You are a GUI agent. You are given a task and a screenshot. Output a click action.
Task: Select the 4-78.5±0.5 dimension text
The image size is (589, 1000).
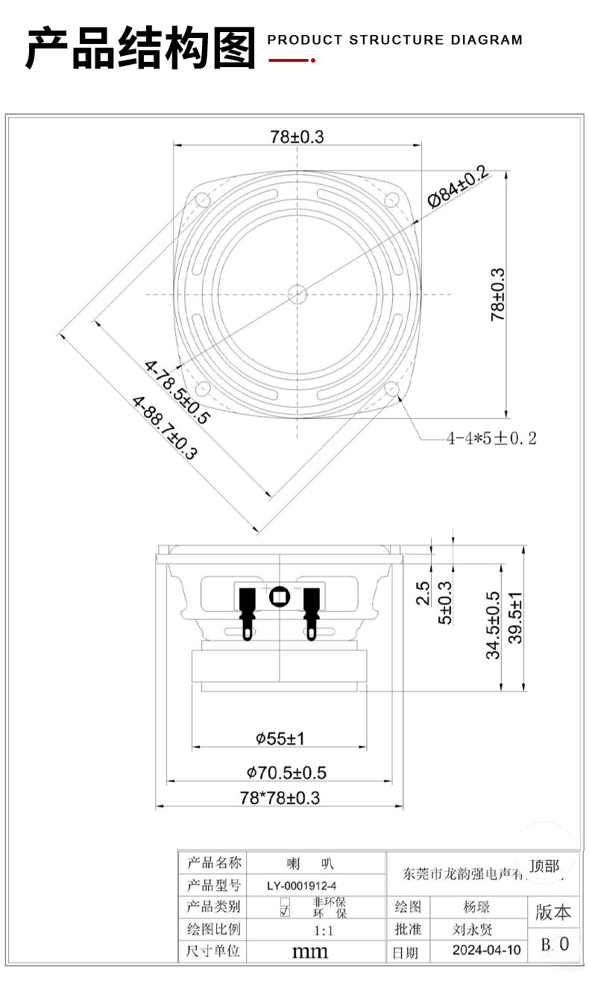pyautogui.click(x=177, y=391)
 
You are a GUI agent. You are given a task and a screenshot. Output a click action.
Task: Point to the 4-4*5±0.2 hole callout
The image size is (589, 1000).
pyautogui.click(x=491, y=438)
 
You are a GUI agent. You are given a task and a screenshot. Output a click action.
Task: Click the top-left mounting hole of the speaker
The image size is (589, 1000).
pyautogui.click(x=203, y=200)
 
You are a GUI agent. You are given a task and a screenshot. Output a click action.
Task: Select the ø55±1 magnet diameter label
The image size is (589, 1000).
pyautogui.click(x=280, y=738)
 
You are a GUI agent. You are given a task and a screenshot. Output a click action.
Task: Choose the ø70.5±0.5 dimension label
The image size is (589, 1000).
pyautogui.click(x=286, y=773)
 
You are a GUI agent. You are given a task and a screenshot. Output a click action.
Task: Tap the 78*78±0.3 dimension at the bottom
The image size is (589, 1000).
pyautogui.click(x=280, y=797)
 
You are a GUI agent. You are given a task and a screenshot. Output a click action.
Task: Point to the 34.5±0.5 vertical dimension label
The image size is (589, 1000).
pyautogui.click(x=493, y=625)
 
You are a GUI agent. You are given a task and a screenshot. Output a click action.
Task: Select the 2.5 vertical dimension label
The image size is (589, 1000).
pyautogui.click(x=423, y=593)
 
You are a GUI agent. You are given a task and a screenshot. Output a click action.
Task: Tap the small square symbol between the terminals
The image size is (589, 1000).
pyautogui.click(x=279, y=597)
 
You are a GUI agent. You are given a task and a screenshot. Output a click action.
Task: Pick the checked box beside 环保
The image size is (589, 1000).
pyautogui.click(x=284, y=912)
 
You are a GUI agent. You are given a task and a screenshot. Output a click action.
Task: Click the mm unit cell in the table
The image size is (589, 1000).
pyautogui.click(x=309, y=952)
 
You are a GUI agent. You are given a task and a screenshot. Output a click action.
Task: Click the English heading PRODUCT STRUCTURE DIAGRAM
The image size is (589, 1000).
pyautogui.click(x=395, y=40)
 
